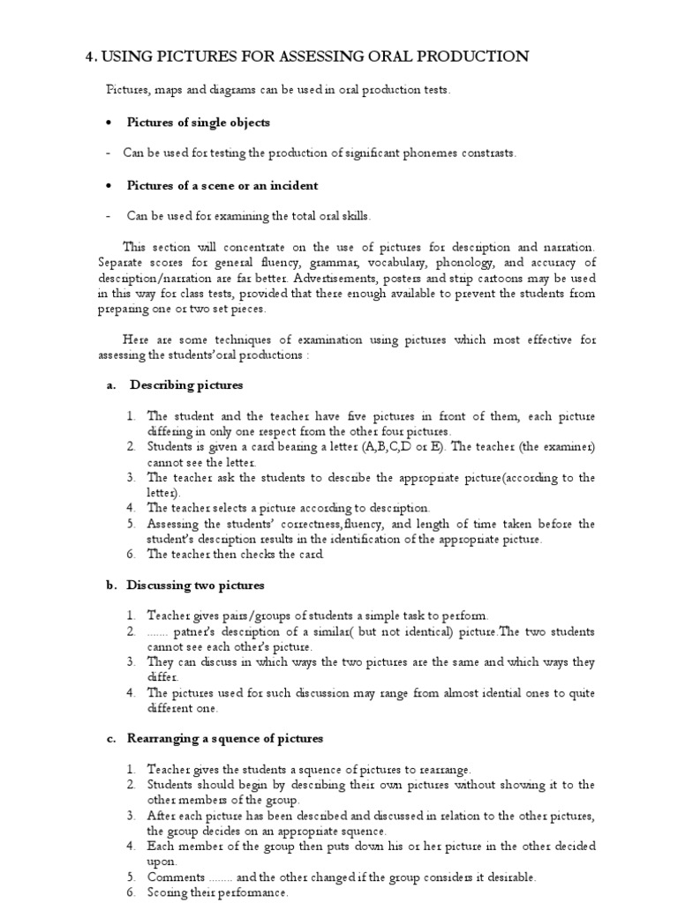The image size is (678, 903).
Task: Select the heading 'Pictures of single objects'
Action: [x=199, y=122]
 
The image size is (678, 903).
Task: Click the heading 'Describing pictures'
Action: [x=186, y=385]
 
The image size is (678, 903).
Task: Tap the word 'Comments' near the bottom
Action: [x=176, y=877]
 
